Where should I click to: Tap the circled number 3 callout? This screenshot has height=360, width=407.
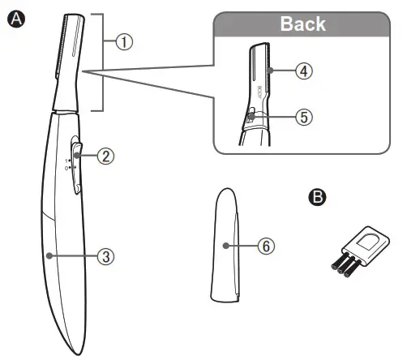click(x=105, y=255)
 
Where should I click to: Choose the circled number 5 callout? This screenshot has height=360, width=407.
click(x=303, y=116)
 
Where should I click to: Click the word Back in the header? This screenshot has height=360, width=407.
click(x=302, y=23)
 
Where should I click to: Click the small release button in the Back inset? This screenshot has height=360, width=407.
click(x=251, y=117)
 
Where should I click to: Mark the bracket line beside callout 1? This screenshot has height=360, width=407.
click(x=102, y=62)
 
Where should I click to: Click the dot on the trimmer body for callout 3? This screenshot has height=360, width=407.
click(x=49, y=255)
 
